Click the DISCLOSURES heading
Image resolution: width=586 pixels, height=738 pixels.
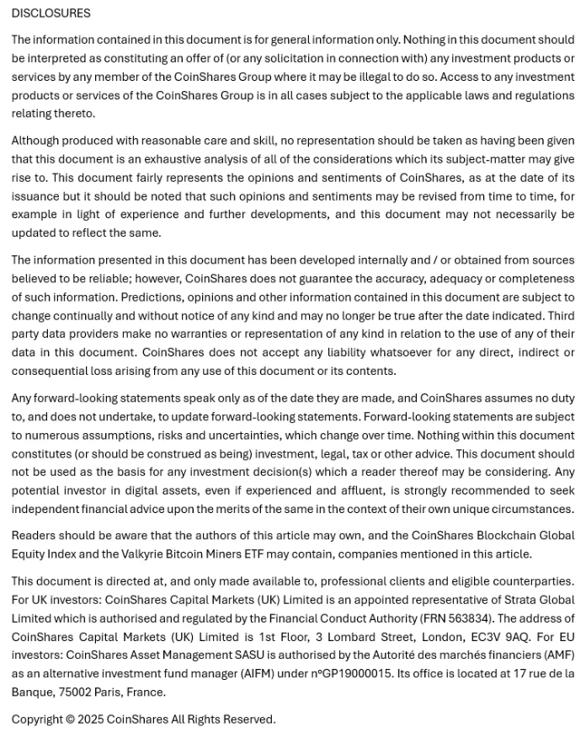pyautogui.click(x=51, y=13)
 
